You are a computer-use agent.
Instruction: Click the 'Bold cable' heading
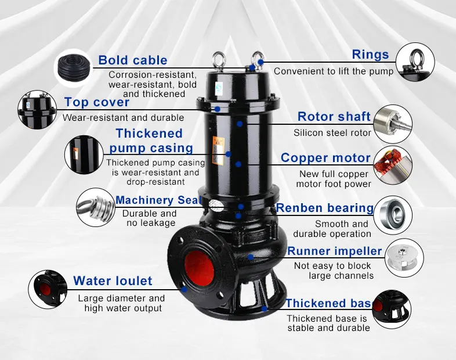[x=133, y=60]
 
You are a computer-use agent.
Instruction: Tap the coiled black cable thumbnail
[x=74, y=68]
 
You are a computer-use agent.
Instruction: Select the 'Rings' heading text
[x=370, y=55]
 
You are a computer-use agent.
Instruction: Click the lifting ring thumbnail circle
[x=415, y=62]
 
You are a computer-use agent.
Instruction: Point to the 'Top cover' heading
[x=97, y=102]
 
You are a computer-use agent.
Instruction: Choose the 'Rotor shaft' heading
[x=334, y=116]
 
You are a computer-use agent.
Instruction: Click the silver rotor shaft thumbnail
[x=393, y=124]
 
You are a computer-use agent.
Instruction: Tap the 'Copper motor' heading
[x=325, y=158]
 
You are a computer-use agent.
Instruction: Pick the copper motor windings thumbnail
[x=393, y=165]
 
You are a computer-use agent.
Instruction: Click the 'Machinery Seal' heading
[x=158, y=200]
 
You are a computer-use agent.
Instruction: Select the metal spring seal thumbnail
[x=96, y=207]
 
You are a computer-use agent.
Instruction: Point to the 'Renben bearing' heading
[x=325, y=208]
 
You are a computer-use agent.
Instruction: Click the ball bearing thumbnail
[x=393, y=215]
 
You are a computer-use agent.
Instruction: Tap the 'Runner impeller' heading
[x=334, y=251]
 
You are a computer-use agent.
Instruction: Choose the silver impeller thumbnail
[x=404, y=258]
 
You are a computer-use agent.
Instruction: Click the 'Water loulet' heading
[x=113, y=281]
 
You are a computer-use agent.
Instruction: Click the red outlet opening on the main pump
[x=199, y=267]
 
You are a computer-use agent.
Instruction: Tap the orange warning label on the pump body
[x=218, y=151]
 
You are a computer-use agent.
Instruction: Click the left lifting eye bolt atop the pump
[x=219, y=60]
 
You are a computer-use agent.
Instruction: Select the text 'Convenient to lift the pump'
[x=334, y=71]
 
